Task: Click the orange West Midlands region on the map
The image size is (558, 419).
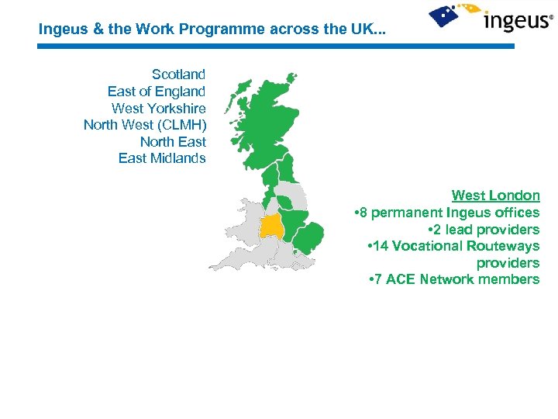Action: tap(272, 227)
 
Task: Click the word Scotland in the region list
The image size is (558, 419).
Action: tap(178, 74)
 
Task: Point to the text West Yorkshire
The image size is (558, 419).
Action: tap(158, 109)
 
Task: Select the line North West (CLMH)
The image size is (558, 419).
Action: tap(144, 125)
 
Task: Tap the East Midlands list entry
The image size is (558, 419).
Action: tap(162, 158)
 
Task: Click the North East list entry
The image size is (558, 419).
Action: tap(173, 142)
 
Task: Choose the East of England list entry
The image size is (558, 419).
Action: tap(157, 92)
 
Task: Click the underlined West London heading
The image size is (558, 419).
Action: tap(495, 196)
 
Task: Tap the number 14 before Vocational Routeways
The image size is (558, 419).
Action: tap(381, 246)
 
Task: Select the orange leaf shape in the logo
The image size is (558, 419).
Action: tap(470, 9)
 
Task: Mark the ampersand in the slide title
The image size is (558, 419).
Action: tap(89, 30)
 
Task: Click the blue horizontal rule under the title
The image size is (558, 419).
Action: tap(275, 47)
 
